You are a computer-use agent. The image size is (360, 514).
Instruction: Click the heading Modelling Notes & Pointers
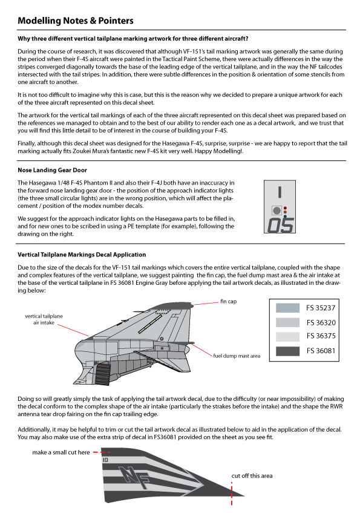click(76, 21)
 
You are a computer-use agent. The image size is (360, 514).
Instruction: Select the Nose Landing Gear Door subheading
click(52, 170)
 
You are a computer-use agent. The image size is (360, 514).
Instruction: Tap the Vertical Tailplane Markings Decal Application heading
click(82, 255)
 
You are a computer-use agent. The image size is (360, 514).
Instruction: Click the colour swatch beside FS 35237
click(287, 308)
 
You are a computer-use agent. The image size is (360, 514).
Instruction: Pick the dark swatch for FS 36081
click(287, 351)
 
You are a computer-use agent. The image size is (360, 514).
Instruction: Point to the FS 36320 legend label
click(321, 322)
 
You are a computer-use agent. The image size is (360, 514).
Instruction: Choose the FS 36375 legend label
click(321, 336)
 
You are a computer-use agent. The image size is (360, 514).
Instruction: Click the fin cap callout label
click(228, 301)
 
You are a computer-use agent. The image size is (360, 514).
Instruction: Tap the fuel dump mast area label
click(237, 356)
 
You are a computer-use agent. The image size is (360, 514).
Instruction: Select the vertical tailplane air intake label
click(44, 319)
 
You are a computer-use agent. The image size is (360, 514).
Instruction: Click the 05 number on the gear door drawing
click(280, 225)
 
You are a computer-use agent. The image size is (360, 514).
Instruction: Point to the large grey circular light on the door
click(277, 210)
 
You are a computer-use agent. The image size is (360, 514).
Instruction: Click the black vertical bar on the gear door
click(280, 192)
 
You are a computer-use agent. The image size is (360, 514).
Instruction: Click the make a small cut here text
click(61, 452)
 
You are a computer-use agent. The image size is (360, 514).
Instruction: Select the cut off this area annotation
click(252, 476)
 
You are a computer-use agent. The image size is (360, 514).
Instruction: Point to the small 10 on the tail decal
click(105, 460)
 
